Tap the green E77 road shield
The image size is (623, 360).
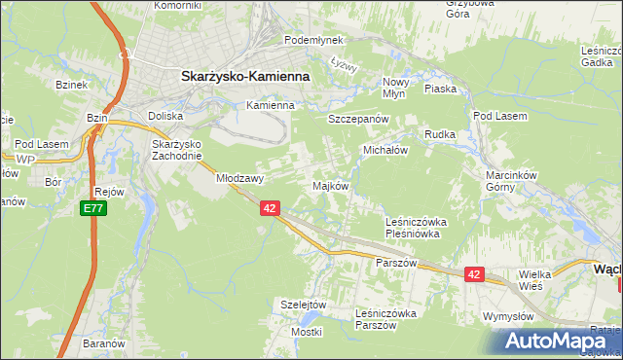coord(92,208)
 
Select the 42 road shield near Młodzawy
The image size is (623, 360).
coord(271,208)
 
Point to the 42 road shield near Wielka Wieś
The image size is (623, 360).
coord(474,275)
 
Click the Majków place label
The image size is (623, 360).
coord(329,186)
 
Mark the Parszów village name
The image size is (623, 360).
coord(396,264)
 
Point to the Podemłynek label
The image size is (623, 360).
coord(313,40)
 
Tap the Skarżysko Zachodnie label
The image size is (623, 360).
coord(176,150)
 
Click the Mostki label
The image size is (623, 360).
coord(307,332)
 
